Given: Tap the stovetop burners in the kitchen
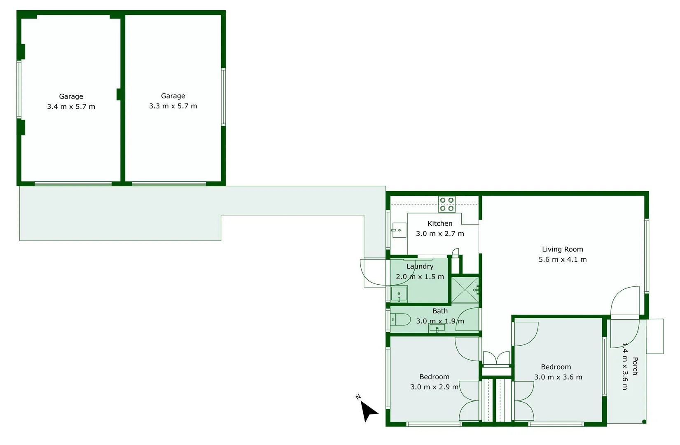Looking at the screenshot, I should tap(446, 204).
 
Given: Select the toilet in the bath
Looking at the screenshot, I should tap(400, 319).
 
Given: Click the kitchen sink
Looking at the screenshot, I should tap(399, 230).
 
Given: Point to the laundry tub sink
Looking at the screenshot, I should tap(399, 294).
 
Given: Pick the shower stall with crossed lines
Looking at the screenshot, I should tap(465, 290).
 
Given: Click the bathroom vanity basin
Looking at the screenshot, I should tap(437, 328).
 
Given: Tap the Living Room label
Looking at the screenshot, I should tap(562, 249).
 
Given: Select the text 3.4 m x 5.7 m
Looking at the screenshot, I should tap(71, 107).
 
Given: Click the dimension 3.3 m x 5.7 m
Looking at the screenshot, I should tap(173, 106).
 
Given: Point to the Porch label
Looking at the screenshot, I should tap(635, 366).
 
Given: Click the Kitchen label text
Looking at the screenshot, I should tap(440, 223).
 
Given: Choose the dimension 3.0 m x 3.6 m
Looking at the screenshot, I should tap(558, 377).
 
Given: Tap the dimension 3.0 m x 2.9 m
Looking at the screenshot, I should tap(434, 387).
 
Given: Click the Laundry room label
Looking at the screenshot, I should tap(420, 266).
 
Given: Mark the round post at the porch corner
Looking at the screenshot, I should tap(644, 422).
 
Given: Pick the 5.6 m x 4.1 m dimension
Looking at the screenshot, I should tap(562, 260).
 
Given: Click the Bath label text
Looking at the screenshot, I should tap(440, 311).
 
